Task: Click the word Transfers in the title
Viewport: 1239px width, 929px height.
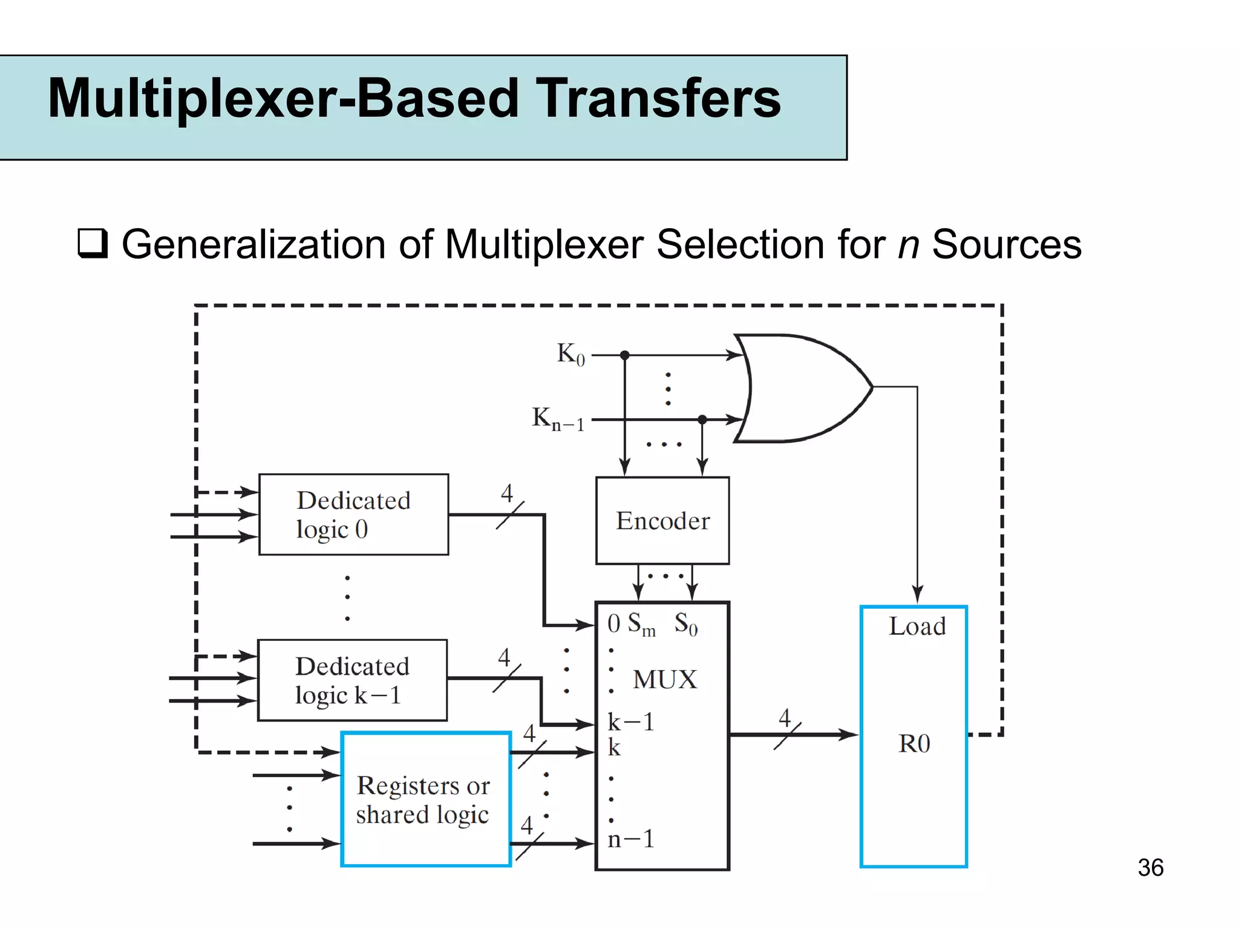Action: (x=659, y=99)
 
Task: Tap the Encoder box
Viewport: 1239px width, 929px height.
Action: (x=662, y=520)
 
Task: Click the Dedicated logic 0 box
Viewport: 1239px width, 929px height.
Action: (x=353, y=514)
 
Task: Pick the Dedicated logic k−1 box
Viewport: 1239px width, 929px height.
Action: (x=352, y=680)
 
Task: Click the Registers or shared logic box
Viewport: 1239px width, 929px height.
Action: (x=426, y=799)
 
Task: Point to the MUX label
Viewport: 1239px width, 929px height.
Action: (x=664, y=680)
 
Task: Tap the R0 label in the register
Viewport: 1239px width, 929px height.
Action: (x=914, y=744)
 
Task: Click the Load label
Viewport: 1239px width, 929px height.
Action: (x=917, y=626)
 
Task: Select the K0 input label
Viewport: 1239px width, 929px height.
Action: (x=570, y=354)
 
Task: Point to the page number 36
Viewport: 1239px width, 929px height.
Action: (x=1150, y=867)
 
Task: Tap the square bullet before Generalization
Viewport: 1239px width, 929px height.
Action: (x=93, y=244)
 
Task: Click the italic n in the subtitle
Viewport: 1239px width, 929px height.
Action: (x=908, y=245)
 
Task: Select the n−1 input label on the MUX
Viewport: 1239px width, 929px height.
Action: (x=631, y=839)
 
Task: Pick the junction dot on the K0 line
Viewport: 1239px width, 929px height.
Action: (x=625, y=355)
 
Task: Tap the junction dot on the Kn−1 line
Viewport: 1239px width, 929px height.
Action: (x=702, y=419)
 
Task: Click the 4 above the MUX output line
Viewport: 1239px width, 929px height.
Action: (x=785, y=718)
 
